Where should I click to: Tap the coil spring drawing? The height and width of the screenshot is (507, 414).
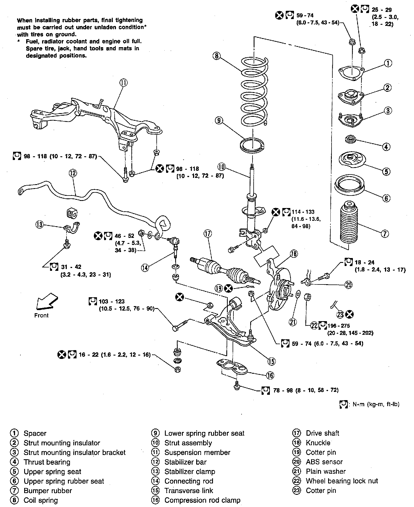point(254,92)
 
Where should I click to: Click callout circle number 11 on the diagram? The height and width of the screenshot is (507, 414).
point(123,83)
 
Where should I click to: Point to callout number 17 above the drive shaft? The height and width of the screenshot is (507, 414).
point(208,234)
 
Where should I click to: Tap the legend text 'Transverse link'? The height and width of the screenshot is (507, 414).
point(189,491)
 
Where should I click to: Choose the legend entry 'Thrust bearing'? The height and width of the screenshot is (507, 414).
point(47,462)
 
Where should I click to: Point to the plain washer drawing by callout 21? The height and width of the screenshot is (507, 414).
point(297,294)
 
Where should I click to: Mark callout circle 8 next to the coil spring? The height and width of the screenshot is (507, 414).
point(217,56)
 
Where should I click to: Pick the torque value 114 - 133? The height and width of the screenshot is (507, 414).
point(303,212)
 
